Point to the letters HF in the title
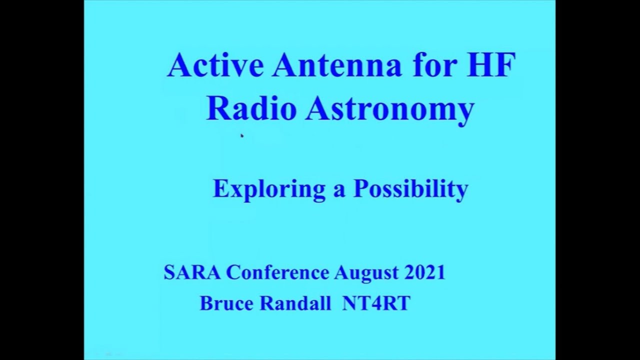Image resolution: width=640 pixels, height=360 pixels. point(490,64)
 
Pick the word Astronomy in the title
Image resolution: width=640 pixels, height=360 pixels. point(389,110)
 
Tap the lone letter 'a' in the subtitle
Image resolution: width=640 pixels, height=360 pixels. point(339,192)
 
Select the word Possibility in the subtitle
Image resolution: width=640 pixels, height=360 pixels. point(411,190)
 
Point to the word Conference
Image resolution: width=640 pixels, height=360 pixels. point(277,272)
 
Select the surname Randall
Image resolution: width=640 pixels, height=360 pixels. point(295,303)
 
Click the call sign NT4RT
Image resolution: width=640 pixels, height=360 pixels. point(376,303)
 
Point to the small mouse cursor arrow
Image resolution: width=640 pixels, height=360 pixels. point(242,136)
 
